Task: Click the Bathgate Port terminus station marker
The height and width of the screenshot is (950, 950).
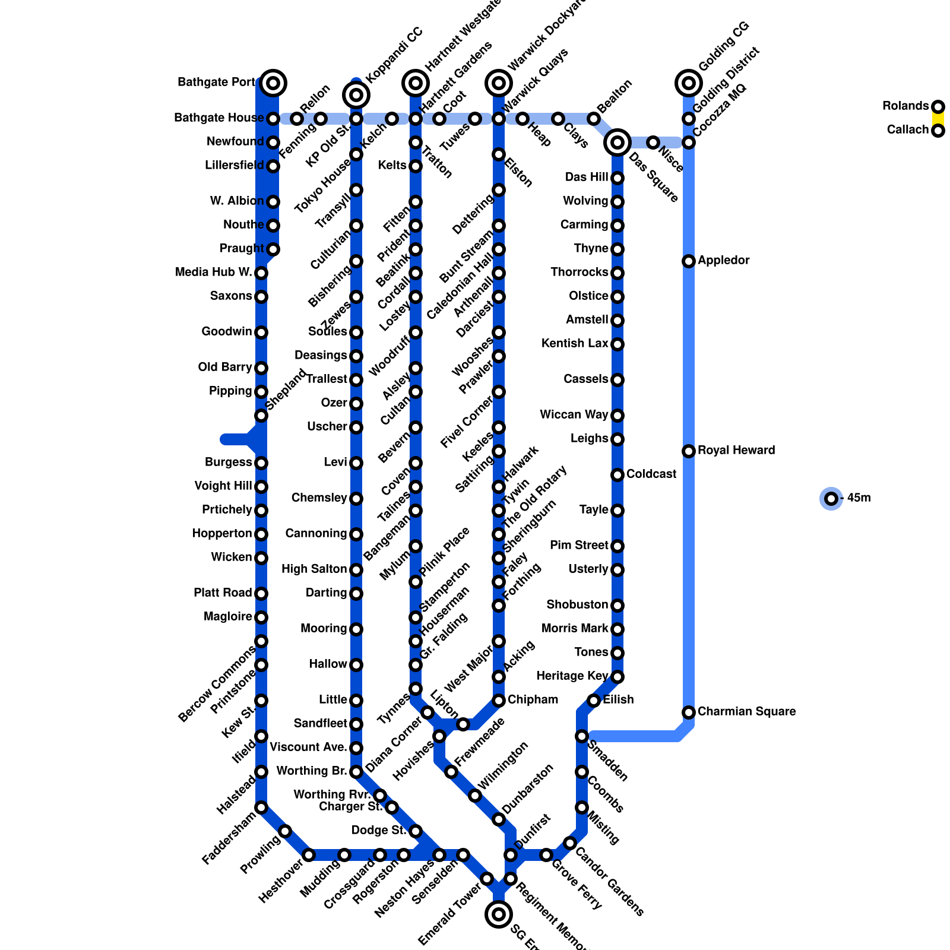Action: click(273, 83)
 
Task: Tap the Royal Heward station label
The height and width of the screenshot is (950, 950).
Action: click(736, 450)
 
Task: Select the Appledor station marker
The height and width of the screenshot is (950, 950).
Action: click(689, 261)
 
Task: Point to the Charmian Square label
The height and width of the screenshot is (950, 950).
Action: click(746, 711)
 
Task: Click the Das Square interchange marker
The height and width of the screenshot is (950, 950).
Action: click(617, 142)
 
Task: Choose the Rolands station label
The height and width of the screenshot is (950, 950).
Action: click(905, 106)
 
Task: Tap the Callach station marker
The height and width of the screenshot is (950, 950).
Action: click(938, 131)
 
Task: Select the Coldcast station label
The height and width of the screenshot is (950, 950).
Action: click(651, 474)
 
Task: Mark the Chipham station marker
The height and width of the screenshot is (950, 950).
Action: click(499, 701)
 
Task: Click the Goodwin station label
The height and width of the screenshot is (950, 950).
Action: click(227, 331)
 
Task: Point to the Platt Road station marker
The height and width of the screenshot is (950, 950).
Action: click(261, 594)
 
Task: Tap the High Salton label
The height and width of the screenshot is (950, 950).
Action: click(314, 569)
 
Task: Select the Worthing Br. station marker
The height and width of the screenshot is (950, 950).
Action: click(356, 772)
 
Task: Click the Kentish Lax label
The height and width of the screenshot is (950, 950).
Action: click(575, 343)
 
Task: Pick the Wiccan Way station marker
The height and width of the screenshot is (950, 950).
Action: click(617, 416)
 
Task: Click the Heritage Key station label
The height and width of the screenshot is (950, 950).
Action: click(572, 676)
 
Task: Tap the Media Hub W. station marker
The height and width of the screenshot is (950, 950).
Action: click(261, 273)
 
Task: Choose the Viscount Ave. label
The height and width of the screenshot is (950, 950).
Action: click(308, 747)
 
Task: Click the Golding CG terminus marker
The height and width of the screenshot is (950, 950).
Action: click(689, 83)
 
